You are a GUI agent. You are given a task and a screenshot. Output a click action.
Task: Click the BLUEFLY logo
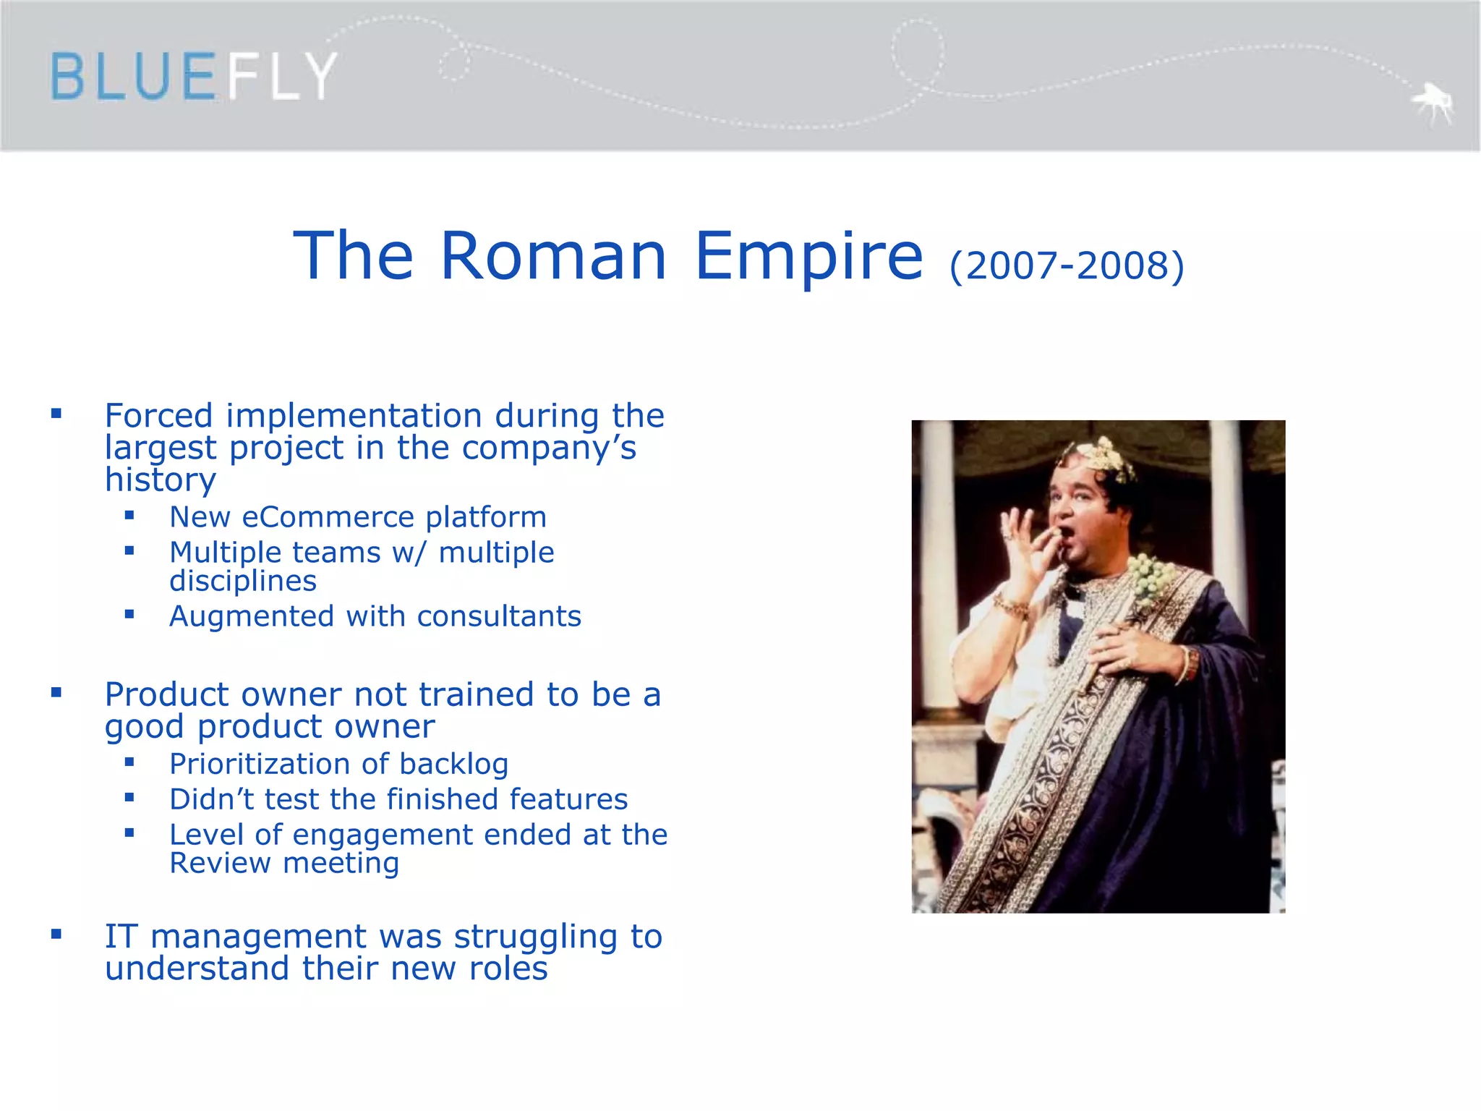(x=193, y=76)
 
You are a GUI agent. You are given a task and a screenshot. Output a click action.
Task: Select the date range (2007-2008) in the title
(x=1067, y=265)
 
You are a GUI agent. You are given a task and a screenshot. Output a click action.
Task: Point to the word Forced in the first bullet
(x=159, y=416)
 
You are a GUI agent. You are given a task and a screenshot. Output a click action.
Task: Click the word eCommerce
(x=329, y=517)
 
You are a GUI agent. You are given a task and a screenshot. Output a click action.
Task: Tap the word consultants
(x=499, y=616)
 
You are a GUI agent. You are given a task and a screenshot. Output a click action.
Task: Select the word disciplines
(x=243, y=581)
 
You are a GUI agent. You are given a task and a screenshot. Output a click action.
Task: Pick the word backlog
(x=453, y=765)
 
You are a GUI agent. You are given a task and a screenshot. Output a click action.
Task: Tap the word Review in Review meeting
(x=220, y=864)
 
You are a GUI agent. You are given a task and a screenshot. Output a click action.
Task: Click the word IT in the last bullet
(x=121, y=937)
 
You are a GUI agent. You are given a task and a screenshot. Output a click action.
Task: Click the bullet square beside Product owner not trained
(x=56, y=693)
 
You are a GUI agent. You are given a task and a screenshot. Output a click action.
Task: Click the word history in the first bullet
(x=160, y=480)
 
